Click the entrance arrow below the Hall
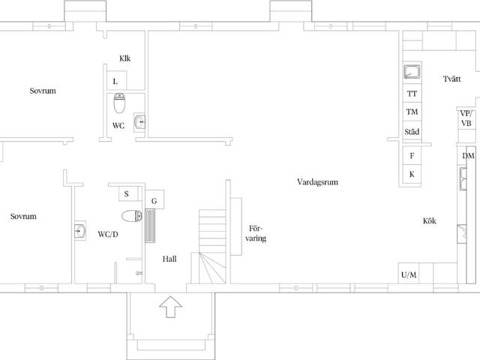pyautogui.click(x=170, y=307)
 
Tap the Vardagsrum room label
pyautogui.click(x=317, y=182)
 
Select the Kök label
pyautogui.click(x=430, y=220)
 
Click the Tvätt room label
pyautogui.click(x=451, y=79)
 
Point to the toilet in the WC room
pyautogui.click(x=119, y=103)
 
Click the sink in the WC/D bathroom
pyautogui.click(x=80, y=230)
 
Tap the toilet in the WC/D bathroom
pyautogui.click(x=132, y=216)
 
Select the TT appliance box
pyautogui.click(x=412, y=93)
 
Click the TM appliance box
pyautogui.click(x=412, y=112)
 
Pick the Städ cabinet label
pyautogui.click(x=412, y=132)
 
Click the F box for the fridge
pyautogui.click(x=412, y=156)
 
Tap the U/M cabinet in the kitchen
pyautogui.click(x=409, y=273)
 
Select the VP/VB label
pyautogui.click(x=466, y=118)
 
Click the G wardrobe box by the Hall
pyautogui.click(x=154, y=199)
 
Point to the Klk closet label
pyautogui.click(x=125, y=58)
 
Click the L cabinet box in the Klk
pyautogui.click(x=117, y=80)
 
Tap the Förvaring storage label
pyautogui.click(x=256, y=233)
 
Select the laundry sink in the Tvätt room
pyautogui.click(x=412, y=72)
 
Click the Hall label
pyautogui.click(x=169, y=259)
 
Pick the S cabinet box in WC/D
pyautogui.click(x=128, y=193)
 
